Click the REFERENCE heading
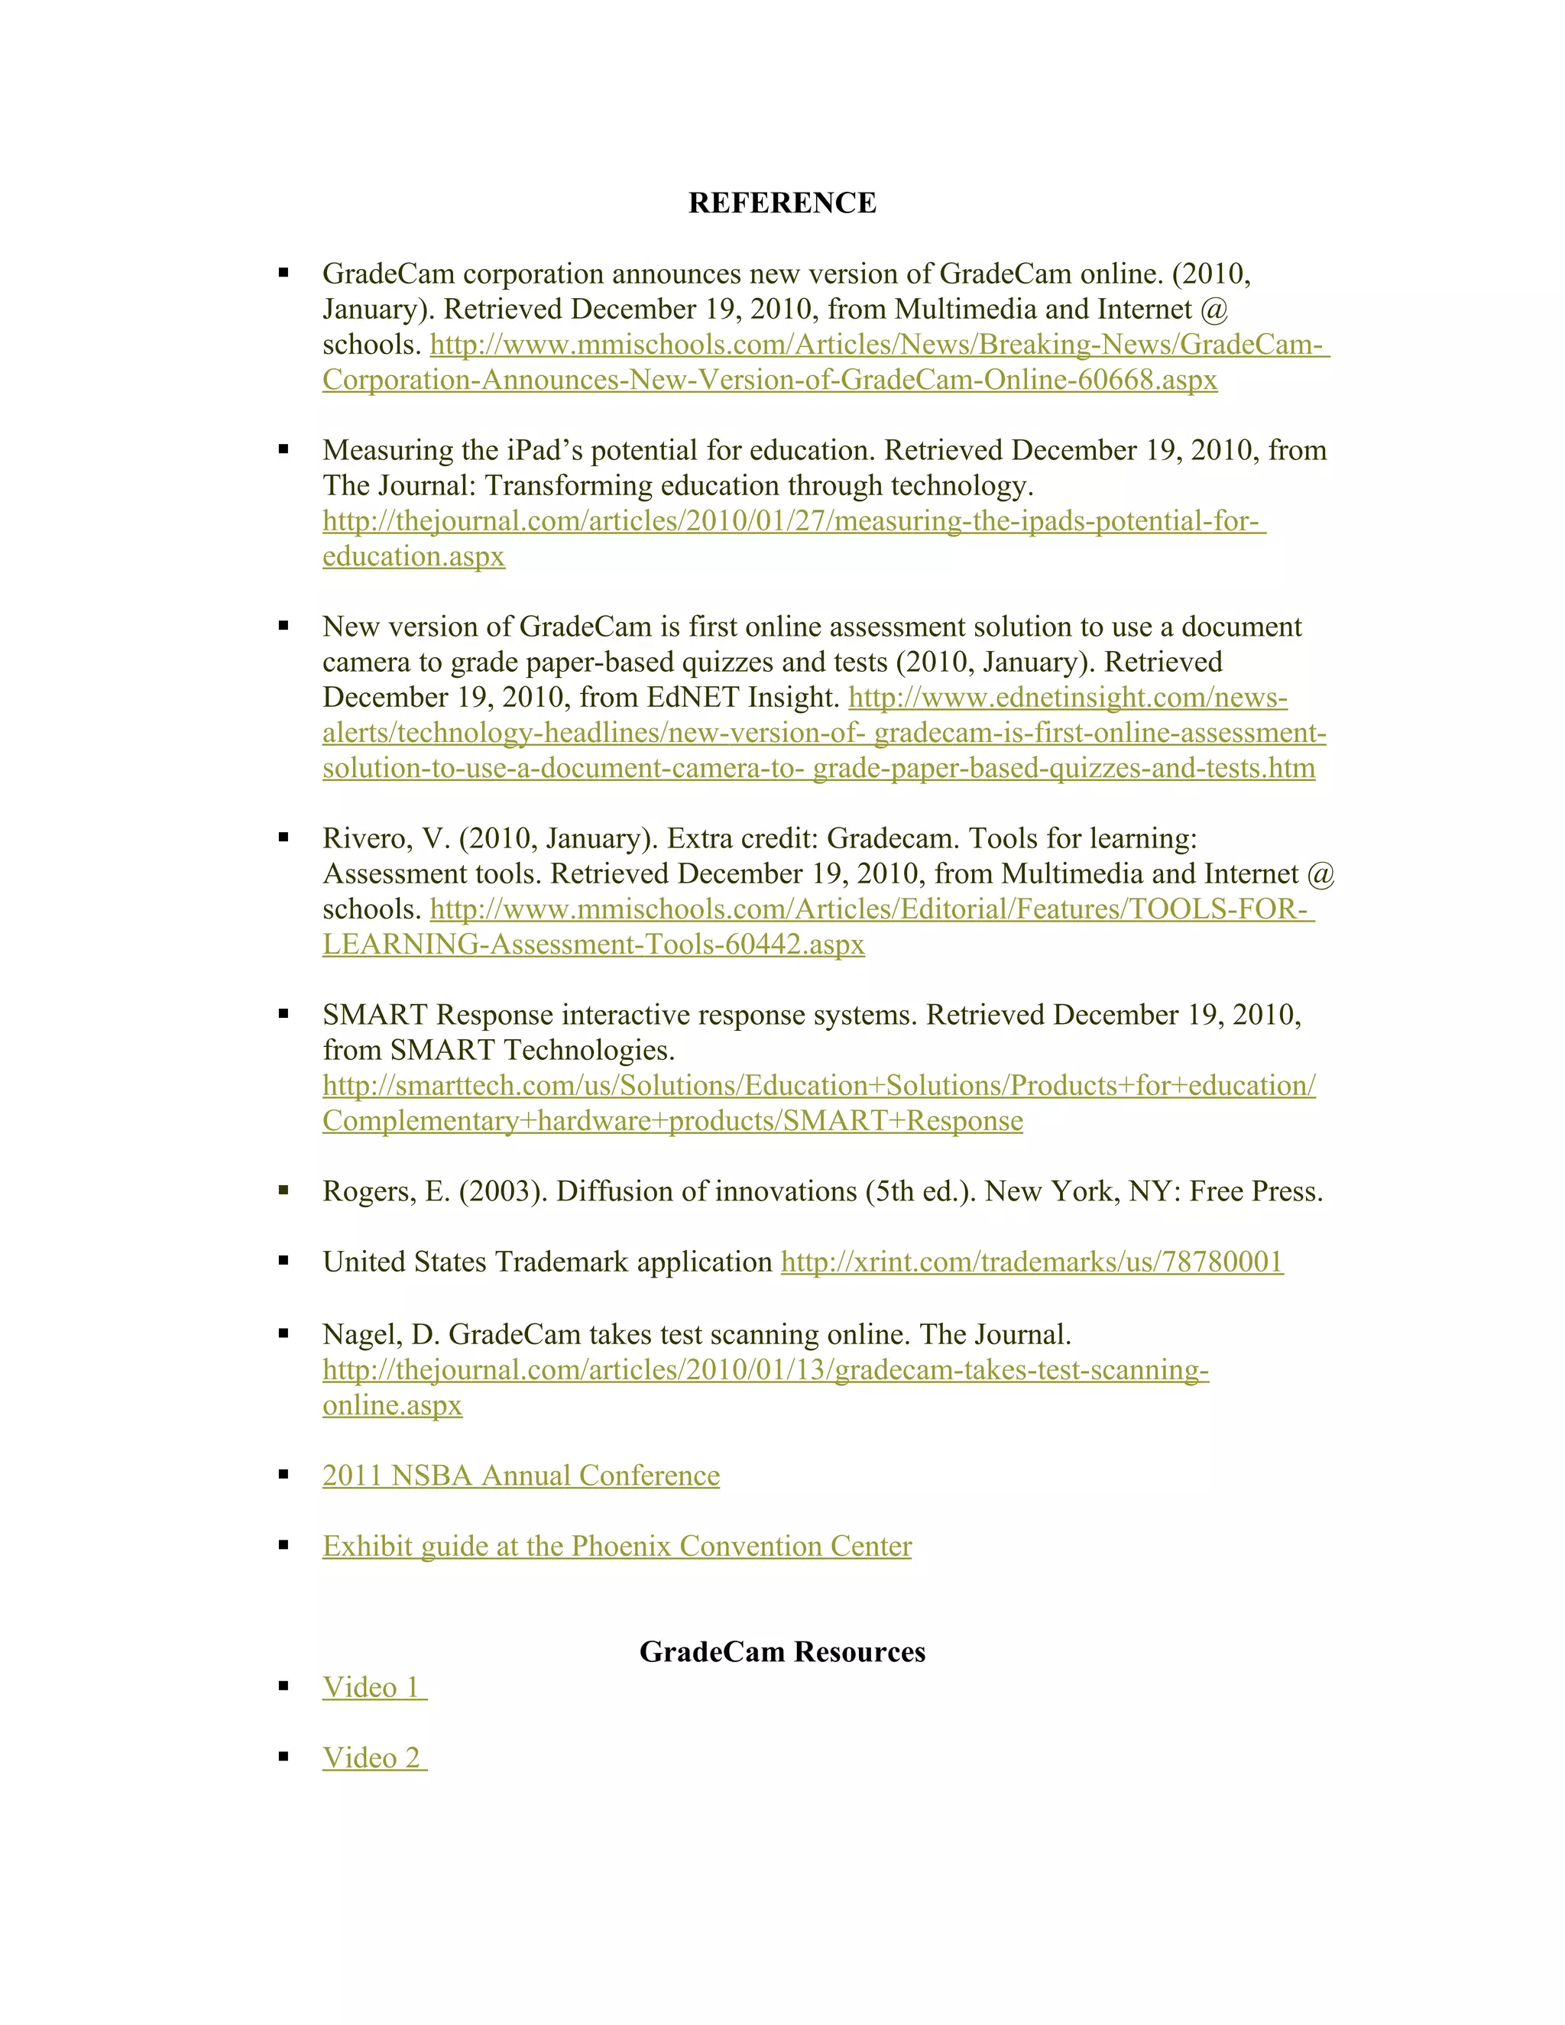[x=782, y=203]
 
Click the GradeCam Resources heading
[x=782, y=1651]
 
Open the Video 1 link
[x=373, y=1686]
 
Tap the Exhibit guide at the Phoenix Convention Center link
[x=617, y=1546]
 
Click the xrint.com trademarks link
[x=1032, y=1262]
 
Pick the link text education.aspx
[x=413, y=556]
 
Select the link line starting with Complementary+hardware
[x=672, y=1121]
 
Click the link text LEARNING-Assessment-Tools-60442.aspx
[x=593, y=944]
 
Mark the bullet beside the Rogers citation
[x=284, y=1191]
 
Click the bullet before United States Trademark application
[x=284, y=1261]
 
